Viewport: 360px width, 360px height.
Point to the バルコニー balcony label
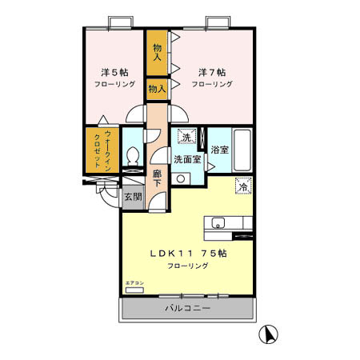pos(188,307)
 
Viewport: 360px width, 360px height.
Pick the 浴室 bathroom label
pos(219,150)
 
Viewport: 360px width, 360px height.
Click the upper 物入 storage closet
pos(157,53)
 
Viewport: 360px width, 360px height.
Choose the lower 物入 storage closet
pos(157,90)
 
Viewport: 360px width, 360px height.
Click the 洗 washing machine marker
pos(186,136)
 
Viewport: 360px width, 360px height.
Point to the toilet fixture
pos(133,155)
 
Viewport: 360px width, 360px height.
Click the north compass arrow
pos(270,333)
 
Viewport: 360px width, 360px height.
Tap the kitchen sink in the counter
pos(218,223)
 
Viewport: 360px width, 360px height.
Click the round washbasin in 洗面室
pos(181,178)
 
